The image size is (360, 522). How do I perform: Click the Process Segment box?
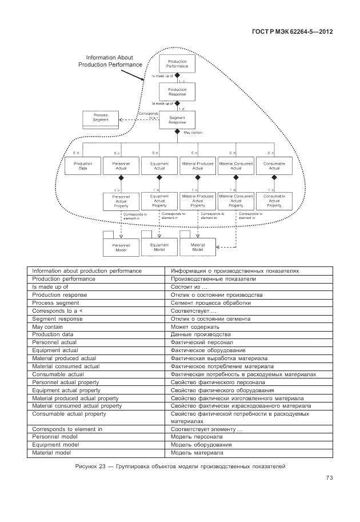pyautogui.click(x=101, y=118)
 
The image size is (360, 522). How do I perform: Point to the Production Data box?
pyautogui.click(x=83, y=166)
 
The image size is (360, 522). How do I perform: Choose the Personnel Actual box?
pyautogui.click(x=121, y=166)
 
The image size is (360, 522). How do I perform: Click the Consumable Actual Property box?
pyautogui.click(x=274, y=201)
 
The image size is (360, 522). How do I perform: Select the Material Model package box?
pyautogui.click(x=197, y=247)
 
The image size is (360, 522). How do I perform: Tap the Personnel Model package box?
pyautogui.click(x=121, y=248)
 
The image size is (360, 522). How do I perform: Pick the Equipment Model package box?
pyautogui.click(x=159, y=247)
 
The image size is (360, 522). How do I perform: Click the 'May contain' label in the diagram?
pyautogui.click(x=193, y=133)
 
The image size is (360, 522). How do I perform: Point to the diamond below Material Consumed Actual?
pyautogui.click(x=236, y=178)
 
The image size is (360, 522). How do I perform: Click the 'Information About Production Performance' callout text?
pyautogui.click(x=110, y=61)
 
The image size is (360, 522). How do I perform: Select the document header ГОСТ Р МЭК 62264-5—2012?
pyautogui.click(x=292, y=32)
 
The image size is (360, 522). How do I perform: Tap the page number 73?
pyautogui.click(x=329, y=478)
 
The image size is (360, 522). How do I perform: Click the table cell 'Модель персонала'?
pyautogui.click(x=197, y=436)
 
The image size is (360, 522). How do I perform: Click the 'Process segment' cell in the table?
pyautogui.click(x=55, y=302)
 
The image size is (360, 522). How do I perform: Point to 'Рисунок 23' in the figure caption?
pyautogui.click(x=91, y=467)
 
